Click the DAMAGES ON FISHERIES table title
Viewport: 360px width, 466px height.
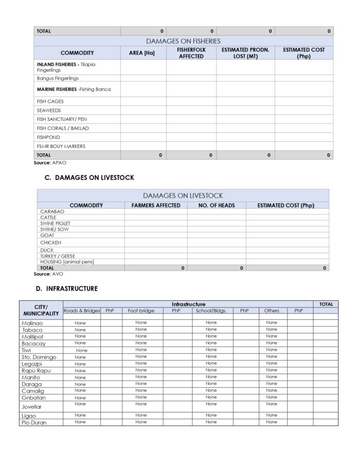point(183,41)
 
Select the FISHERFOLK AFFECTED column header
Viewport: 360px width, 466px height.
point(191,53)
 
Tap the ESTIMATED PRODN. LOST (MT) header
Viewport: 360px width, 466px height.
point(245,53)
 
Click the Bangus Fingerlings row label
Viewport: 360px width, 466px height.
point(58,78)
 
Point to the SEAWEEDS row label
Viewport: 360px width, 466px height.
point(49,110)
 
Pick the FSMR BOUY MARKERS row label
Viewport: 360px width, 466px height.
point(61,146)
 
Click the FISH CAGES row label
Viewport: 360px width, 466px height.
point(50,101)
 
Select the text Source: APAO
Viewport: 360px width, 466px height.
point(47,163)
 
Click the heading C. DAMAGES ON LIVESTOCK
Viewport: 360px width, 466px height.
point(90,177)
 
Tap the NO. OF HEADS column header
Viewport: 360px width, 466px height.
point(217,205)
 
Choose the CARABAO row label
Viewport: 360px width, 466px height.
point(52,211)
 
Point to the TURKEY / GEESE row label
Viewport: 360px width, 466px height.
point(58,256)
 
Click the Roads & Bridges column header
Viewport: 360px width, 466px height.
point(81,311)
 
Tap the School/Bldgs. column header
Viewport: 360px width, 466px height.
point(211,311)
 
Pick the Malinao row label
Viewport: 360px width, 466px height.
point(32,323)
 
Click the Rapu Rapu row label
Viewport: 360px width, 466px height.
point(36,370)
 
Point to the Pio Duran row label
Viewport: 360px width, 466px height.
point(34,422)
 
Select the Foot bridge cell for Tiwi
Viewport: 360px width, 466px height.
point(141,350)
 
